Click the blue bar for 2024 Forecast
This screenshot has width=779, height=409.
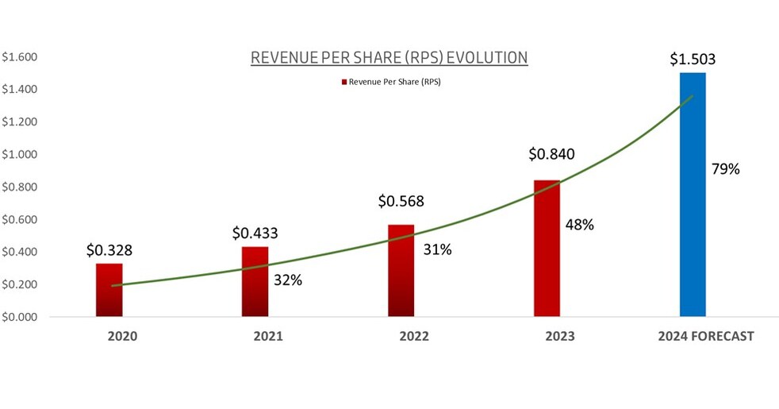pyautogui.click(x=693, y=195)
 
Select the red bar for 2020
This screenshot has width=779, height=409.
pyautogui.click(x=109, y=290)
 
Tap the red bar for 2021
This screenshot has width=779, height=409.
pyautogui.click(x=255, y=282)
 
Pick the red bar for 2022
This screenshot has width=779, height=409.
pyautogui.click(x=401, y=271)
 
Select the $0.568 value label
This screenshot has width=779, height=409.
pyautogui.click(x=401, y=203)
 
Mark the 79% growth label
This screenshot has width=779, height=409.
pyautogui.click(x=727, y=169)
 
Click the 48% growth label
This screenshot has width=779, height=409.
pyautogui.click(x=580, y=224)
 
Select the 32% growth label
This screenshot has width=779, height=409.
pyautogui.click(x=288, y=280)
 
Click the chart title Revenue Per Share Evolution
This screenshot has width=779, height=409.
pyautogui.click(x=389, y=58)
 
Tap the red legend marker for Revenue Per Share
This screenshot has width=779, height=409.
pyautogui.click(x=344, y=82)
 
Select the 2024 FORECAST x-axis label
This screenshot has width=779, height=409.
pyautogui.click(x=705, y=336)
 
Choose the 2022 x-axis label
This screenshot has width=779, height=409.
pyautogui.click(x=413, y=336)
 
